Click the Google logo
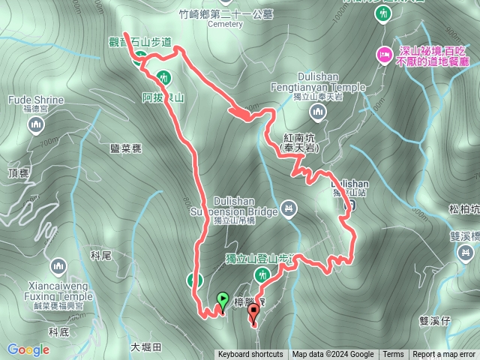click(28, 349)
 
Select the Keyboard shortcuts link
click(250, 355)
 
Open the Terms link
click(393, 355)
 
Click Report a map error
click(443, 355)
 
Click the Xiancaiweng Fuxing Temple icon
click(60, 266)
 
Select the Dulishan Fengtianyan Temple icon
click(318, 112)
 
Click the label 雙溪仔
click(434, 321)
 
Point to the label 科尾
click(101, 256)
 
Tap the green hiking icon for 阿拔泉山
click(165, 76)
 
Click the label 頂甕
click(18, 173)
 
